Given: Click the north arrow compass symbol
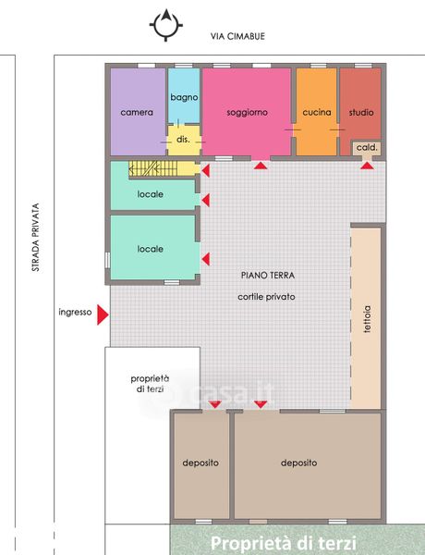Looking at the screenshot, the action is click(165, 25).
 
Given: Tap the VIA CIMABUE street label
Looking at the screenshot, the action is click(237, 36).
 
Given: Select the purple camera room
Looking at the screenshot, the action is click(138, 112).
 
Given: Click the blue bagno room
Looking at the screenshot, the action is click(184, 95).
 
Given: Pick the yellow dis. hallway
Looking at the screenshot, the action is click(184, 141).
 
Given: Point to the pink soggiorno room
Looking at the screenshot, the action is click(247, 112).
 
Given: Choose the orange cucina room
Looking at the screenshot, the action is click(316, 112).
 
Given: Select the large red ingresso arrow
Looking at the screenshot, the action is click(103, 314).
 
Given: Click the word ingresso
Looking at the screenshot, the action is click(75, 312).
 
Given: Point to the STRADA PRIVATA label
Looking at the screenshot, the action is click(35, 237).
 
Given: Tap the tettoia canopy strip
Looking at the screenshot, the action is click(366, 318).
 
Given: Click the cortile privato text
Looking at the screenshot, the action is click(266, 297).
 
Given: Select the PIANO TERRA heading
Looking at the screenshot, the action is click(268, 275).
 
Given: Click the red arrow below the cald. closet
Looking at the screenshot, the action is click(368, 166).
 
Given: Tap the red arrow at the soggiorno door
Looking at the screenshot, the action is click(261, 166).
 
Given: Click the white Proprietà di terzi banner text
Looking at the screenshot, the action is click(284, 543).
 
